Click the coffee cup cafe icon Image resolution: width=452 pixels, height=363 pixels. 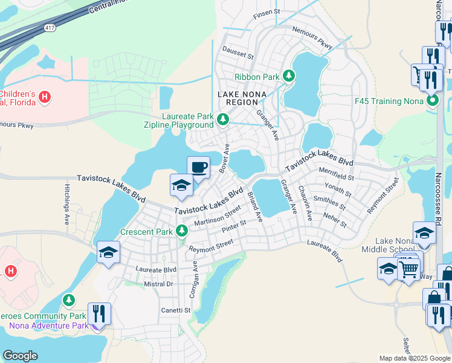click(x=198, y=167)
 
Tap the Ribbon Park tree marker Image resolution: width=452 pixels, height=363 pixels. click(x=289, y=76)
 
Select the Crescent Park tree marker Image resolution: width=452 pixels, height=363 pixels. click(x=181, y=231)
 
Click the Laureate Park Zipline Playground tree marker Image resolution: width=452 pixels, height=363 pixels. click(x=222, y=120)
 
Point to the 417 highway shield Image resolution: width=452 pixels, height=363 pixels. click(x=50, y=27)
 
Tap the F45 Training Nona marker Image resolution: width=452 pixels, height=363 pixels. click(x=432, y=100)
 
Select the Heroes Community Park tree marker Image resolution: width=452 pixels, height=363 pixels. click(x=69, y=301)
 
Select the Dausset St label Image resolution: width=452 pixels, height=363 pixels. click(x=237, y=54)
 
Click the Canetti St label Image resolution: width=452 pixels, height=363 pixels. click(x=175, y=310)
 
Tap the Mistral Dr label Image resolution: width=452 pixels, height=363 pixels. click(x=158, y=284)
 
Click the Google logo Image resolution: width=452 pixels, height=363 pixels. click(x=20, y=356)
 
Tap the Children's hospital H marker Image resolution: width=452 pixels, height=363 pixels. click(x=44, y=96)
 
